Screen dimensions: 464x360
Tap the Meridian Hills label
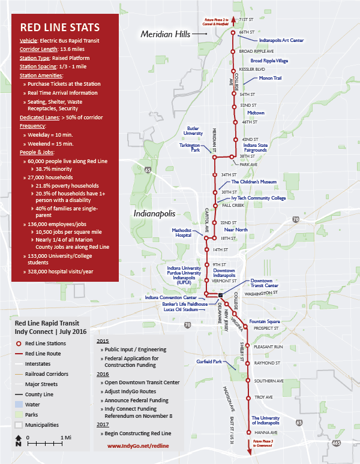[165, 35]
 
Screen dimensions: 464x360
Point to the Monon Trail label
[270, 78]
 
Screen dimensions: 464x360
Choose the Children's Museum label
[253, 181]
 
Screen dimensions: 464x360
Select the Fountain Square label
[262, 321]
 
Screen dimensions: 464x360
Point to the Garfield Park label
[209, 361]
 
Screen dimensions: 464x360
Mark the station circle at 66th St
[234, 32]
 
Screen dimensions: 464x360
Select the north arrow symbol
[18, 443]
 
